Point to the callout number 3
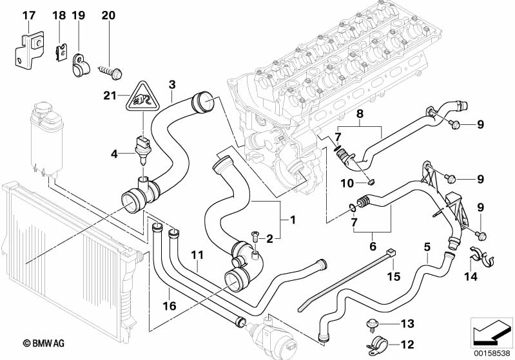(x=172, y=85)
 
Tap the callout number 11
(x=197, y=256)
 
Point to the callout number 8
(x=360, y=115)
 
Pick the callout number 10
(x=348, y=184)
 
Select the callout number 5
(x=427, y=246)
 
